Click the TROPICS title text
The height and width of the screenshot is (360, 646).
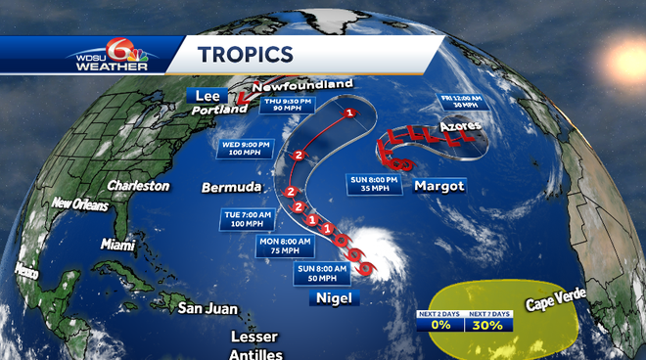click(x=245, y=55)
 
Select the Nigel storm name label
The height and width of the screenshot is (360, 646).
click(x=330, y=299)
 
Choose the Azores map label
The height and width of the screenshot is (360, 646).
click(x=460, y=126)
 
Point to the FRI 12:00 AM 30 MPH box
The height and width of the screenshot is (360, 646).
click(x=458, y=102)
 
